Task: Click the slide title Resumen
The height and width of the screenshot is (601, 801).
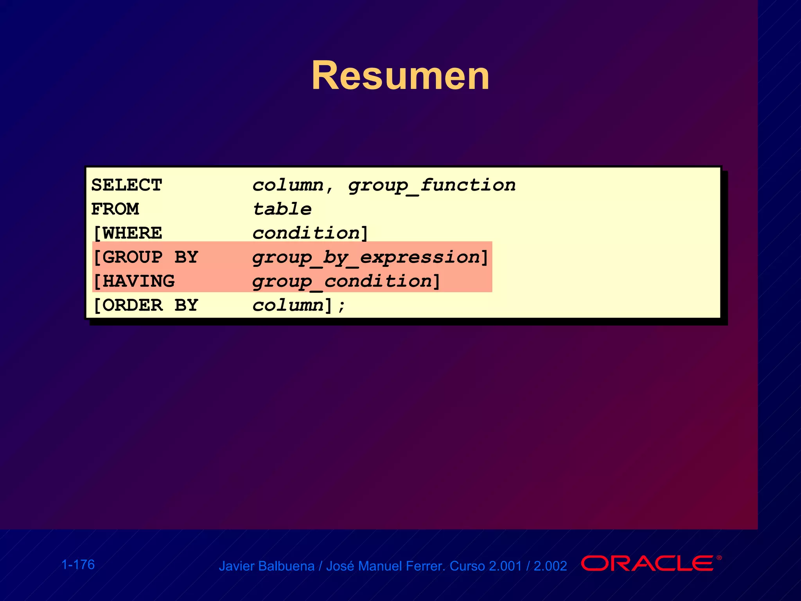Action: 400,76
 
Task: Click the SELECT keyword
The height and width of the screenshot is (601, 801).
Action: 126,185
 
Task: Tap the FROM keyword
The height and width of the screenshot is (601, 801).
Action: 115,209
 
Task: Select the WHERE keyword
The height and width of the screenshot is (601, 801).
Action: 132,233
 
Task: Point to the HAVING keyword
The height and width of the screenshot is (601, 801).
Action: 138,281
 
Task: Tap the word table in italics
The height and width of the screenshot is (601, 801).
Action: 282,209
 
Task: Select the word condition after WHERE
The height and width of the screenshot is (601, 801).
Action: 306,233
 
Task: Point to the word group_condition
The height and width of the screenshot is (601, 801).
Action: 342,282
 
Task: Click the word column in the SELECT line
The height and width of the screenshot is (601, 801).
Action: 288,185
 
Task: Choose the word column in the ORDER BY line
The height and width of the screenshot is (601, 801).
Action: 288,305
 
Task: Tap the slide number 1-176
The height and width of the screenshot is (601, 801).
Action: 78,565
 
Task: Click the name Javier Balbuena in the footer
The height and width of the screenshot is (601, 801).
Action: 266,566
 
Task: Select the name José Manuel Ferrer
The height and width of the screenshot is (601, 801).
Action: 385,566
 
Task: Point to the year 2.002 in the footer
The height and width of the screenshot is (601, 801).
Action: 550,566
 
